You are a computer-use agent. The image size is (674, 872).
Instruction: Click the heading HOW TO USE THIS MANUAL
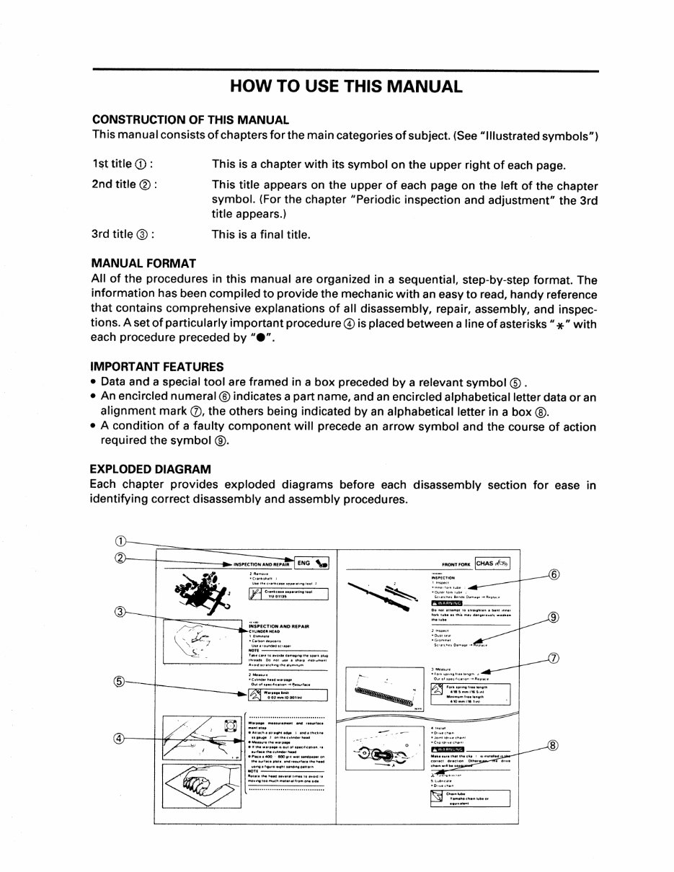(x=345, y=87)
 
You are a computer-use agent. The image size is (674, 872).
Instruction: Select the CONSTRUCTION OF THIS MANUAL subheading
(x=190, y=120)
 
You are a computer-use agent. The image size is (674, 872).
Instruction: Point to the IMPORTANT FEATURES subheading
(x=157, y=366)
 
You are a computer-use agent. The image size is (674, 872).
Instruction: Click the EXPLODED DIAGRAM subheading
(x=151, y=469)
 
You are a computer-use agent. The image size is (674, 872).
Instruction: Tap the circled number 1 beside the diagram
(x=120, y=541)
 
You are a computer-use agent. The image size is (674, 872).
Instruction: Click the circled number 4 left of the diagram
(x=120, y=739)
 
